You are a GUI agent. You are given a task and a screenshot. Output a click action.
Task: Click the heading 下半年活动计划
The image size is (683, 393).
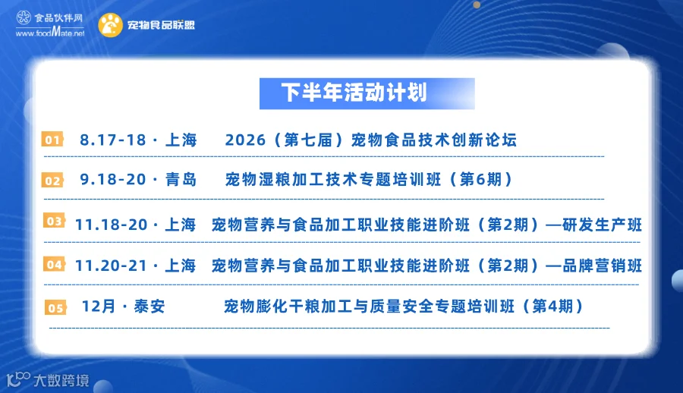(x=354, y=93)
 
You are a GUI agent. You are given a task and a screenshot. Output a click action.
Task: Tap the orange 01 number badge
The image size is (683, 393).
(x=52, y=140)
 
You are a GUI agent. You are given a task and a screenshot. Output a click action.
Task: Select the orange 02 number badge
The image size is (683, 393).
(x=52, y=181)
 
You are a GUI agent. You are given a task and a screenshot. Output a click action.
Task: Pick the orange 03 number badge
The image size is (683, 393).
(x=54, y=221)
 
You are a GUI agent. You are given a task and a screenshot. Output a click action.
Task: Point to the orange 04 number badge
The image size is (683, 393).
(x=54, y=264)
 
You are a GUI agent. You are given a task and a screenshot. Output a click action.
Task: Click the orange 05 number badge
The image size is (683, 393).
(x=55, y=307)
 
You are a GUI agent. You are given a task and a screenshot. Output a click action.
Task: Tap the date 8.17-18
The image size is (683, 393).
(x=113, y=140)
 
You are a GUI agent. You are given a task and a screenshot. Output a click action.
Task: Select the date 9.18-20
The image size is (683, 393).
(x=113, y=180)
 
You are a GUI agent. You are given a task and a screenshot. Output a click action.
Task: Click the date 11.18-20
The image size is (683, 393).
(x=112, y=225)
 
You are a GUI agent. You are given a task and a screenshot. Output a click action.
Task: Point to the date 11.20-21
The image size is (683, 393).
(x=112, y=266)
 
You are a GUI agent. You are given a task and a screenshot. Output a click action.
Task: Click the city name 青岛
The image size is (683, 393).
(x=181, y=180)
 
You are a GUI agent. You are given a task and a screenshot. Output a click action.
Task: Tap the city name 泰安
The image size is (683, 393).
(x=150, y=307)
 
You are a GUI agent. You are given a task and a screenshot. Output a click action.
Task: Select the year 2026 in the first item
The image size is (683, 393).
(x=245, y=140)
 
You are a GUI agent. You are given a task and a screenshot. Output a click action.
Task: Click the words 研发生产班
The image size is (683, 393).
(x=602, y=225)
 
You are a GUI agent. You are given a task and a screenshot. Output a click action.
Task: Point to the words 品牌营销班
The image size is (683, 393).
(x=602, y=266)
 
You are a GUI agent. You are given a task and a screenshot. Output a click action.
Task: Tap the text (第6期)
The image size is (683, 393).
(x=481, y=180)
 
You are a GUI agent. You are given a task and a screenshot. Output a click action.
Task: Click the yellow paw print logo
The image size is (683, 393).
(x=110, y=25)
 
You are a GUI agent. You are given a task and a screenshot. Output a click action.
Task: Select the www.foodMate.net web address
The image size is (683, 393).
(x=50, y=32)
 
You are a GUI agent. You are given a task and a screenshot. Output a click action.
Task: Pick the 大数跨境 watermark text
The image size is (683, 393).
(x=61, y=380)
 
